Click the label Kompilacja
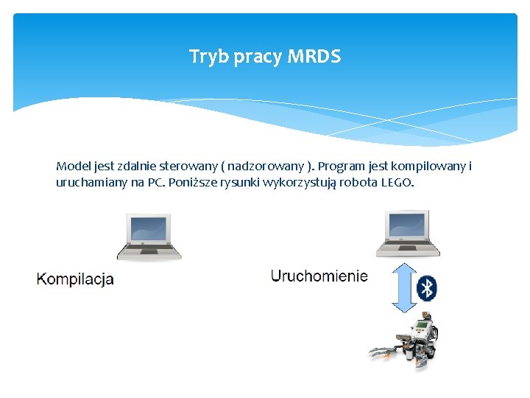coord(75,279)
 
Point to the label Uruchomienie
coord(319,276)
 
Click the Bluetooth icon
coord(426,288)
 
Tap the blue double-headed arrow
coord(403,287)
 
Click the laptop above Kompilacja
coord(149,237)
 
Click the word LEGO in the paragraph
coord(397,182)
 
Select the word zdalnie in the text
coord(134,167)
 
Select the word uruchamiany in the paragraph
coord(91,182)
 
